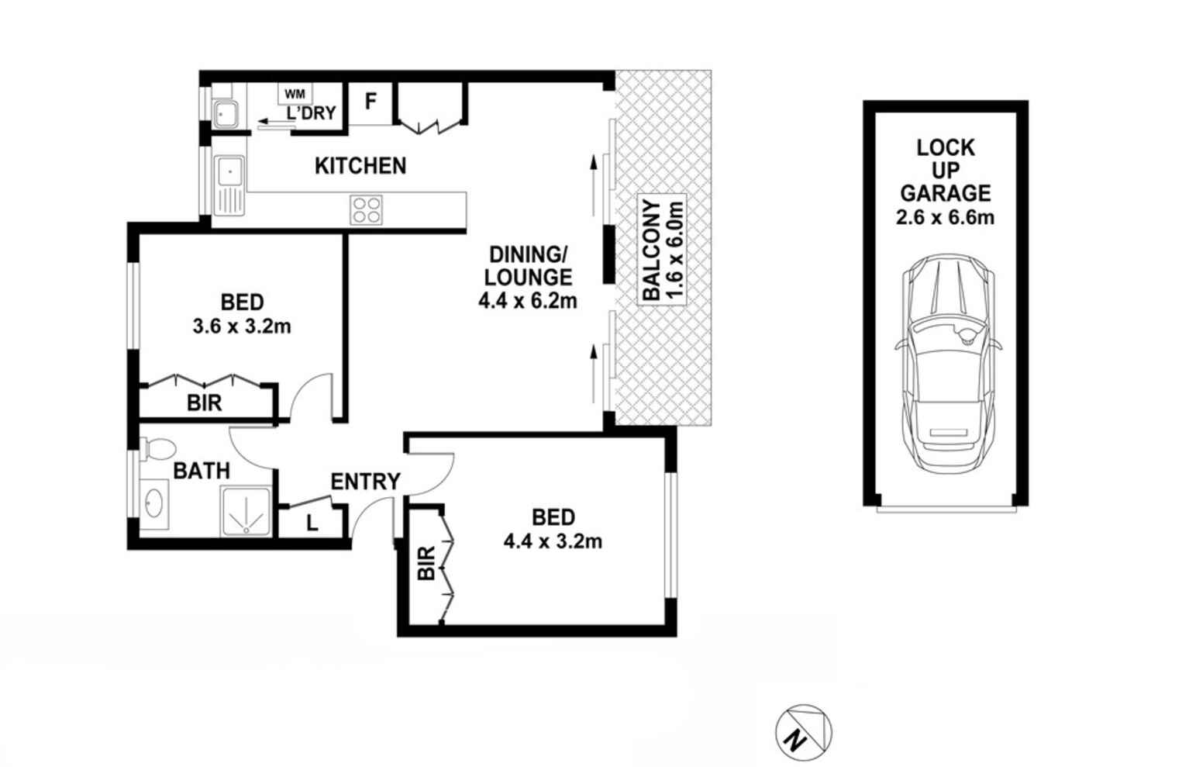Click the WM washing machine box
[295, 94]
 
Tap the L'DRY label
[311, 113]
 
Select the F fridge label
[370, 101]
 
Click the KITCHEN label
[360, 166]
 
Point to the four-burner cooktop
[366, 210]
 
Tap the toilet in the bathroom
[157, 448]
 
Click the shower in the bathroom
[246, 512]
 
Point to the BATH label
[202, 472]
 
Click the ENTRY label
[365, 482]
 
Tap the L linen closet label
[312, 523]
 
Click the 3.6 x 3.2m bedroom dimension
[242, 326]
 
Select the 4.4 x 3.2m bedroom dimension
[553, 541]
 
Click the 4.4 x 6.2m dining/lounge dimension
[528, 301]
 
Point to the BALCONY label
[652, 250]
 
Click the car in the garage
[948, 363]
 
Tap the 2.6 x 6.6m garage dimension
[946, 218]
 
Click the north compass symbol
[804, 733]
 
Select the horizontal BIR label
[205, 403]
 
